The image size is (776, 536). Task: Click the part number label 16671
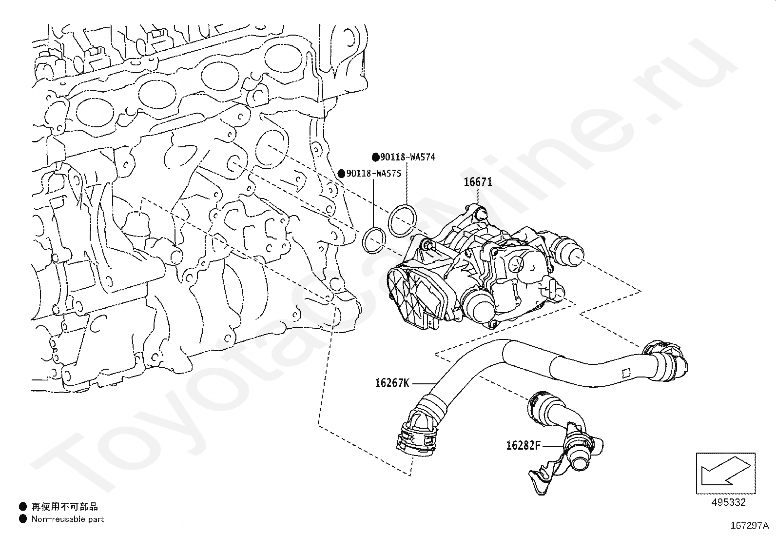click(478, 182)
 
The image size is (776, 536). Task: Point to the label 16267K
click(392, 383)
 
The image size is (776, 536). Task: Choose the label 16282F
click(523, 445)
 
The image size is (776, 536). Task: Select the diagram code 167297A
click(749, 526)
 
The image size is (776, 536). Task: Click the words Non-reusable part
click(68, 519)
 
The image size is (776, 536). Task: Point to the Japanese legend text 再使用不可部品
click(64, 507)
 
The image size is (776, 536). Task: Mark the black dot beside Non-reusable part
click(22, 519)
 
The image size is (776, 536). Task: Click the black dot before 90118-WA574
click(375, 157)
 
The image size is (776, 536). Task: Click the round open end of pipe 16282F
click(581, 461)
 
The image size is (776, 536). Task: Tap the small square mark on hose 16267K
click(625, 375)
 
